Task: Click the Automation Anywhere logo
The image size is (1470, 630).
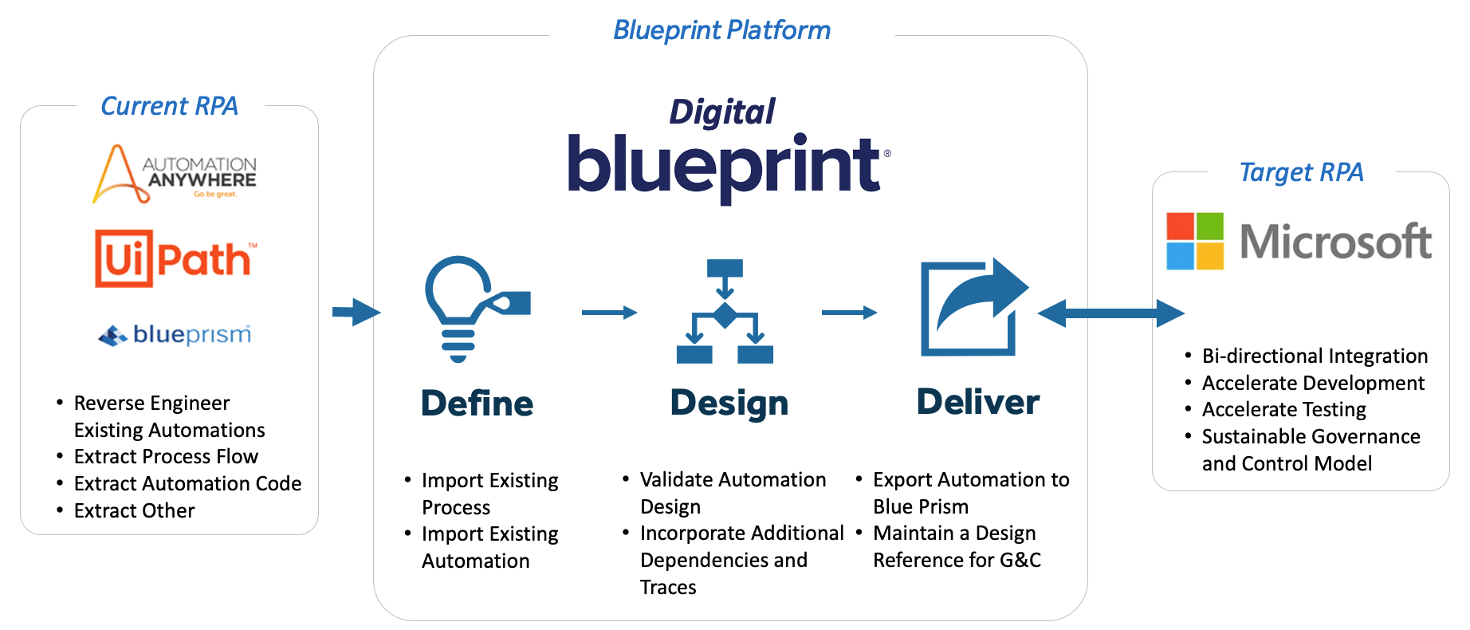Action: click(x=175, y=174)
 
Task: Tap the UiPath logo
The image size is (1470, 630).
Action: click(x=176, y=258)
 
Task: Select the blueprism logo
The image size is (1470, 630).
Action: click(x=175, y=334)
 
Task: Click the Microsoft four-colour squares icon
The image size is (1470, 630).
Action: click(x=1194, y=241)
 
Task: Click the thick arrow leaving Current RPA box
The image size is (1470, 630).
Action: click(x=356, y=312)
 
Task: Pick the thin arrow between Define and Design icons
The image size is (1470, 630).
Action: click(x=609, y=313)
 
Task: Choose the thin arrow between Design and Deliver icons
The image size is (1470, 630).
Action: click(x=849, y=313)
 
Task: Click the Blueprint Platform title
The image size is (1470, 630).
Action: click(x=721, y=30)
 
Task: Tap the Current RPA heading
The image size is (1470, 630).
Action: click(x=169, y=106)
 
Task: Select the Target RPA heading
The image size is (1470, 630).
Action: click(x=1301, y=172)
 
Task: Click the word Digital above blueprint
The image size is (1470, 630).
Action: click(x=721, y=112)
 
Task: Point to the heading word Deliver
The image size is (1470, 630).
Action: click(x=978, y=402)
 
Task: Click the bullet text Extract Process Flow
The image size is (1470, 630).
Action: click(x=166, y=456)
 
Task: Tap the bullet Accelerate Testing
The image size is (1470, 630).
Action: click(x=1283, y=410)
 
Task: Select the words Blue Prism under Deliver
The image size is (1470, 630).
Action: click(x=921, y=506)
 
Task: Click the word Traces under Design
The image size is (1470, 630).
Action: click(x=668, y=588)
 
